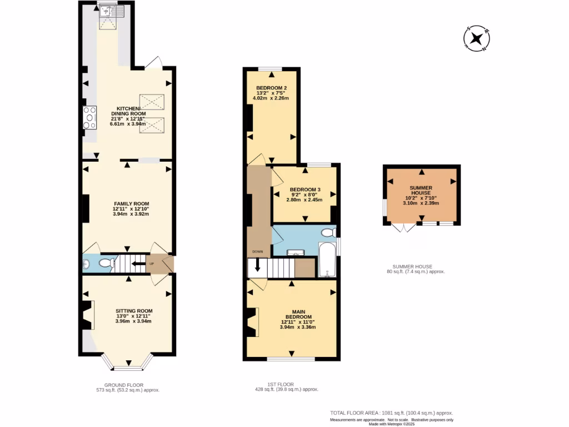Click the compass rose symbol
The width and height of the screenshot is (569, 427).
coord(476,39)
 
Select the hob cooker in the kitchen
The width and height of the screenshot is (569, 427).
coord(89,117)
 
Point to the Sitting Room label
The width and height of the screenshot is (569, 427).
coord(134,311)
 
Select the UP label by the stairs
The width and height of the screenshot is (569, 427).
coord(151,264)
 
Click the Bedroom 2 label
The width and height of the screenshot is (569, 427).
coord(271,88)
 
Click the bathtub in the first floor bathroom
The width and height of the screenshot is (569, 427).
coord(327,259)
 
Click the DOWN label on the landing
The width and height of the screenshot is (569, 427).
coord(257,252)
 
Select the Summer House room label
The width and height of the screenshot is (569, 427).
coord(421,192)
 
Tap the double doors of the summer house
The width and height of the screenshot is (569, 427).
coord(403,227)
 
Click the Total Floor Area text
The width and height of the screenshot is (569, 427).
coord(391,413)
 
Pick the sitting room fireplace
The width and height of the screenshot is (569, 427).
coord(88,315)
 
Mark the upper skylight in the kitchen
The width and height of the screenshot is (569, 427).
coord(152,102)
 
